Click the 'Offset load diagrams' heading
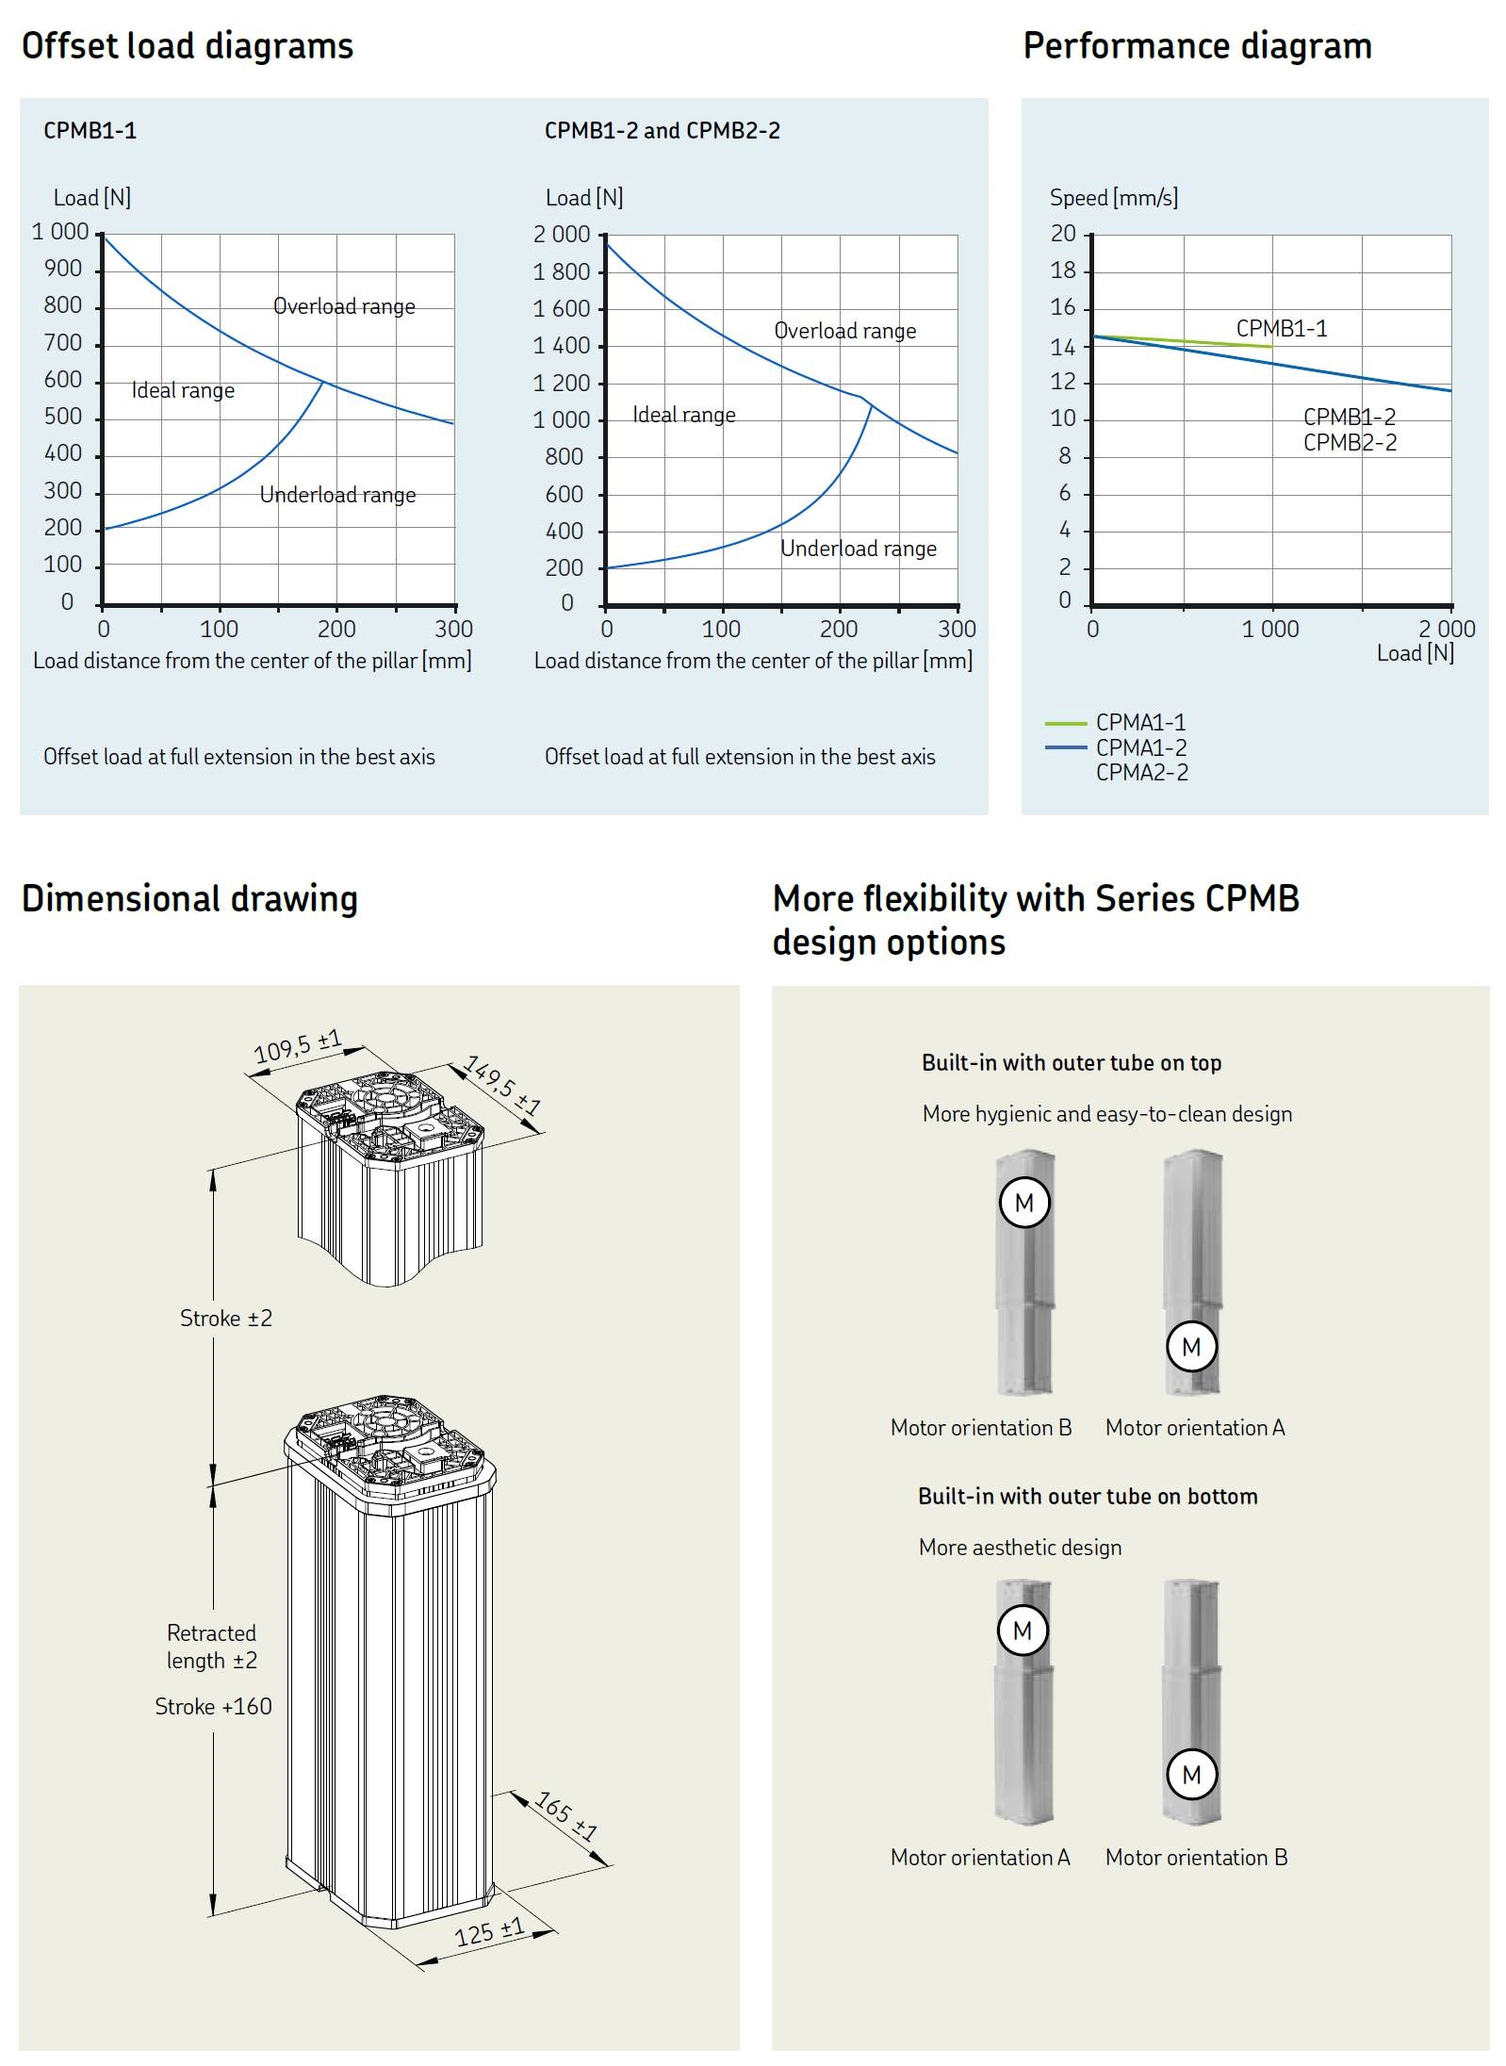pyautogui.click(x=188, y=46)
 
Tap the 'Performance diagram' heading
pyautogui.click(x=1197, y=46)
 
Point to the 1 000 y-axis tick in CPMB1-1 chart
pyautogui.click(x=60, y=232)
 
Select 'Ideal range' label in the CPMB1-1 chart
pyautogui.click(x=183, y=390)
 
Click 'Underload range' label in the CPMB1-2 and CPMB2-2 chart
pyautogui.click(x=858, y=549)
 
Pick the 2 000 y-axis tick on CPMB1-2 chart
pyautogui.click(x=562, y=235)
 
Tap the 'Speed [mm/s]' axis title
pyautogui.click(x=1113, y=198)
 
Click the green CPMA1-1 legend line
pyautogui.click(x=1065, y=723)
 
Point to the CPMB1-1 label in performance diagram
pyautogui.click(x=1281, y=328)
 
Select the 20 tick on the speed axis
pyautogui.click(x=1063, y=234)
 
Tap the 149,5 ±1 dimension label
pyautogui.click(x=503, y=1086)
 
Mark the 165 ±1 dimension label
pyautogui.click(x=566, y=1815)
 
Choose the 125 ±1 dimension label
pyautogui.click(x=489, y=1931)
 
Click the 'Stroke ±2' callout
pyautogui.click(x=226, y=1318)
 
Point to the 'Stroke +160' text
pyautogui.click(x=213, y=1706)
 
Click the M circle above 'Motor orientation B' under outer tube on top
pyautogui.click(x=1024, y=1203)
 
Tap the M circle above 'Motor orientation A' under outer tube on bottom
pyautogui.click(x=1023, y=1631)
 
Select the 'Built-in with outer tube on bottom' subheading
pyautogui.click(x=1088, y=1497)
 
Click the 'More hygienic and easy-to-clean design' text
pyautogui.click(x=1107, y=1114)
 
